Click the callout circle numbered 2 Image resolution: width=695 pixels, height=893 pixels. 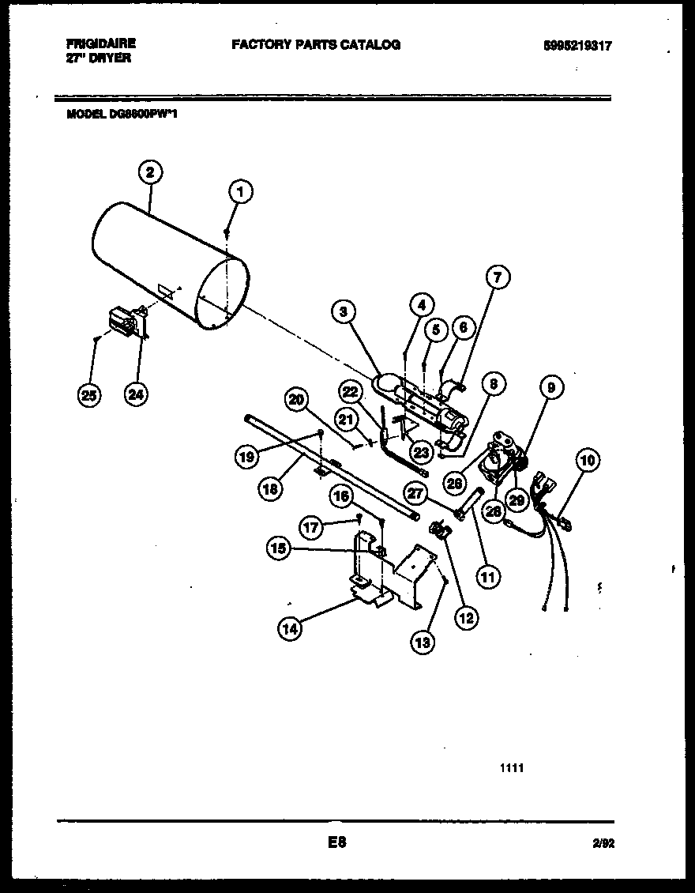tap(150, 171)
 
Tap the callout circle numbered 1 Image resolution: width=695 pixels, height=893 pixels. tap(242, 190)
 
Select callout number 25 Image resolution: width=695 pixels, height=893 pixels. tap(90, 394)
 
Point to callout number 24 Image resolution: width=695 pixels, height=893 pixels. tap(137, 394)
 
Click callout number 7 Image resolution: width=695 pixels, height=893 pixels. tap(498, 277)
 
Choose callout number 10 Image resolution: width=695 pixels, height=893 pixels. tap(588, 460)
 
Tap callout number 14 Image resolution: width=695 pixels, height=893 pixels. tap(290, 628)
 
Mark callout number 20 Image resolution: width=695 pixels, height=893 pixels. tap(296, 401)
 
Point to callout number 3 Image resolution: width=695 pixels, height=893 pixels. tap(343, 312)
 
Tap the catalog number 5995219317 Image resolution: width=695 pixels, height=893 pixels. tap(577, 47)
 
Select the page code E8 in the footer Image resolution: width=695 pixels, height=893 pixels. tap(337, 842)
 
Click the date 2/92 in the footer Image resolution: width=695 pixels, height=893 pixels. tap(603, 844)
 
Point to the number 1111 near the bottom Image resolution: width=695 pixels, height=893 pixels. tap(512, 767)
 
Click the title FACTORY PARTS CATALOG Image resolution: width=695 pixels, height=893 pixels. tap(316, 45)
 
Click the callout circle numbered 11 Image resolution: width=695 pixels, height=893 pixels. tap(487, 577)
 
